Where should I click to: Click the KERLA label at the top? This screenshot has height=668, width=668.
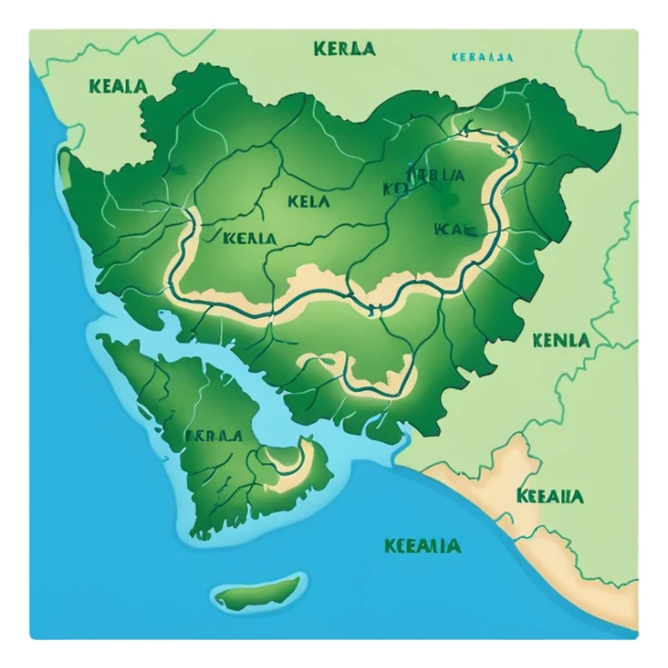tap(344, 49)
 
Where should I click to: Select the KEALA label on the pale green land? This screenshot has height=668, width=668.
tap(118, 87)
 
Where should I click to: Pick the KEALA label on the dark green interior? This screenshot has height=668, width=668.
tap(247, 238)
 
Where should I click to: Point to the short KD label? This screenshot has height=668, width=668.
tap(395, 188)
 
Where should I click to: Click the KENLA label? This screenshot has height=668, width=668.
tap(561, 341)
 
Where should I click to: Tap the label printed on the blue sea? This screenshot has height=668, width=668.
tap(422, 545)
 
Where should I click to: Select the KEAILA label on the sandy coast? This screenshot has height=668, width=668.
tap(550, 496)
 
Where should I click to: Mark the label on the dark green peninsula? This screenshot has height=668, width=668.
tap(213, 435)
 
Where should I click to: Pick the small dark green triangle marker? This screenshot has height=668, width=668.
tap(178, 169)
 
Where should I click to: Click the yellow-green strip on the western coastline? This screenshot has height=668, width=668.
tap(65, 162)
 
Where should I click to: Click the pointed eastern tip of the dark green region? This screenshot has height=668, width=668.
tap(618, 131)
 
